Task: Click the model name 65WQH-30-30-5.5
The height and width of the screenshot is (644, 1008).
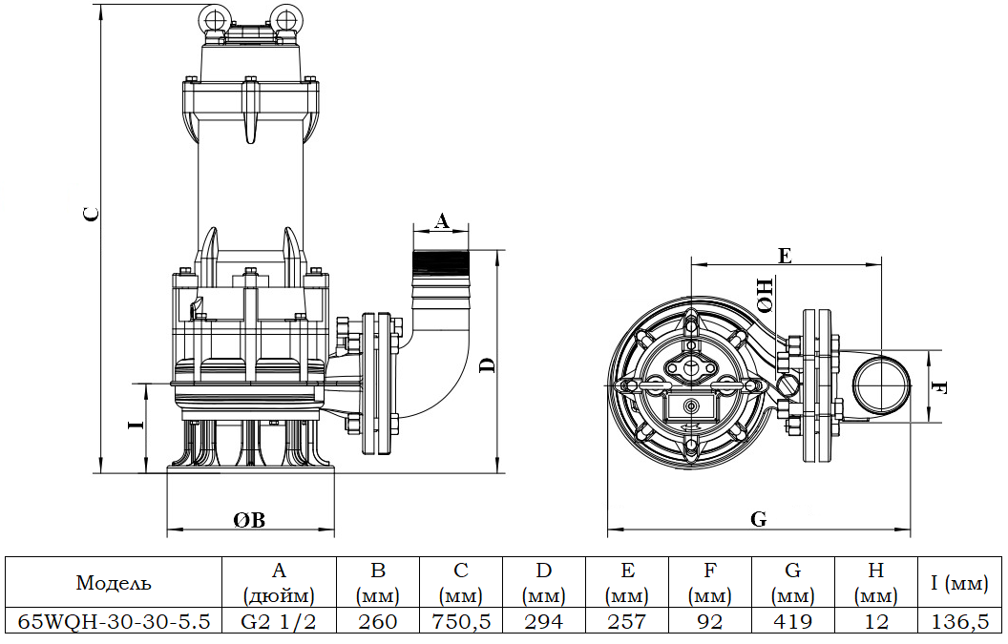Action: click(114, 621)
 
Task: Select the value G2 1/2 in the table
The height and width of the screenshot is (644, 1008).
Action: click(279, 621)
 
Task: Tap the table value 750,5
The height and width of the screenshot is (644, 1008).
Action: click(461, 621)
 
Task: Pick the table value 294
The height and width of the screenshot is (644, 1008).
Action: click(544, 621)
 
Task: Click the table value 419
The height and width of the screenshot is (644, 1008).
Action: click(793, 621)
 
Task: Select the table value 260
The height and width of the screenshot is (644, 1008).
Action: click(378, 621)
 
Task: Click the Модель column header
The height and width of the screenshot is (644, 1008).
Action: click(114, 583)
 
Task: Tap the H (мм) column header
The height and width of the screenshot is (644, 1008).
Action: click(876, 583)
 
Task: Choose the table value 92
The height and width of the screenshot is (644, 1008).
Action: click(710, 621)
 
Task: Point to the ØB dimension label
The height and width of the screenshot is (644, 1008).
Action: click(249, 519)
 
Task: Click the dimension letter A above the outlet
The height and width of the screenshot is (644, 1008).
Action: click(441, 220)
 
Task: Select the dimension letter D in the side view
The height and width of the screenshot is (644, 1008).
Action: click(487, 364)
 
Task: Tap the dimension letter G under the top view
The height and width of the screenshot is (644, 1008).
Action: click(758, 519)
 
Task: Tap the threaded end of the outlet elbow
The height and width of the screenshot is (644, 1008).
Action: click(441, 262)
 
